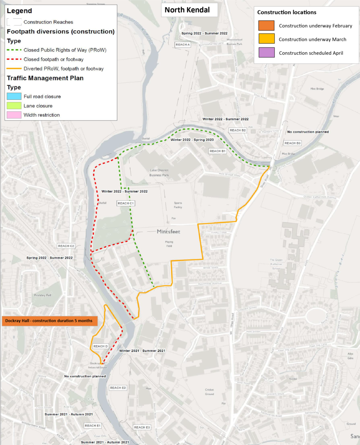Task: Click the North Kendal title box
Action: click(x=189, y=10)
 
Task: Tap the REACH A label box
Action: click(x=182, y=45)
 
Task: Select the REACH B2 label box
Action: click(x=238, y=130)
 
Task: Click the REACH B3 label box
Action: click(x=292, y=143)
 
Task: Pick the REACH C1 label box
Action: click(x=126, y=204)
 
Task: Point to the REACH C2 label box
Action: click(x=66, y=246)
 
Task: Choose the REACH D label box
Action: click(x=100, y=346)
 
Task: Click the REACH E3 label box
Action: click(x=142, y=427)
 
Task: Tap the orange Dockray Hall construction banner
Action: click(x=49, y=321)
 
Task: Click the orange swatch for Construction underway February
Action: click(x=266, y=26)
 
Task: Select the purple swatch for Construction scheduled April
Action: click(x=266, y=53)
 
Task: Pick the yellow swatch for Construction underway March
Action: click(x=266, y=40)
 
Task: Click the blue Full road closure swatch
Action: click(x=14, y=96)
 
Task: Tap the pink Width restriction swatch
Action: click(x=14, y=115)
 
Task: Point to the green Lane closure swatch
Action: click(x=14, y=106)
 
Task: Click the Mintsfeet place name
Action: click(x=168, y=232)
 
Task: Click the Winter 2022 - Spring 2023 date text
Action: click(x=192, y=140)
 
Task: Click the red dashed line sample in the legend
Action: click(x=14, y=59)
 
